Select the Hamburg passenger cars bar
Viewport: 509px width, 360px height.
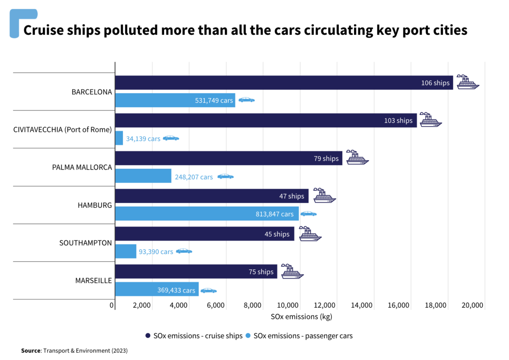[207, 214]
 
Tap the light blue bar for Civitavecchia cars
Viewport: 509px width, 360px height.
[119, 138]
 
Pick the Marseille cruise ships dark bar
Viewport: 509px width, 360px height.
[196, 272]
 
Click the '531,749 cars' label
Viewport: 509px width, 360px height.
[214, 100]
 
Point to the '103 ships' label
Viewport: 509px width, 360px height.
[398, 120]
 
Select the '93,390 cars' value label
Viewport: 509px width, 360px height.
[156, 252]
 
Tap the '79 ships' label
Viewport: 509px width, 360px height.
[326, 159]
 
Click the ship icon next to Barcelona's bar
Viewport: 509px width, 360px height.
[468, 82]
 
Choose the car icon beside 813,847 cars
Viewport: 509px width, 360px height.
[308, 214]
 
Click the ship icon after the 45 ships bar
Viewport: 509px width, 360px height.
[310, 234]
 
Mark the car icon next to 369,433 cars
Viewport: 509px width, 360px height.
[209, 290]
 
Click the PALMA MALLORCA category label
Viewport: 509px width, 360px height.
[82, 167]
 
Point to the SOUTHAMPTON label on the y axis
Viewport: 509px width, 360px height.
[85, 243]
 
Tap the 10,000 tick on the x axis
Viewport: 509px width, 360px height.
[287, 306]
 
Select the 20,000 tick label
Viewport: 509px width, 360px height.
[472, 306]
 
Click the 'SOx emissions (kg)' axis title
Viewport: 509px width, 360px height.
[301, 317]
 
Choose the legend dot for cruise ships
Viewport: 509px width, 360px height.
[148, 336]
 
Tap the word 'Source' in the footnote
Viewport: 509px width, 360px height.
[31, 351]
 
